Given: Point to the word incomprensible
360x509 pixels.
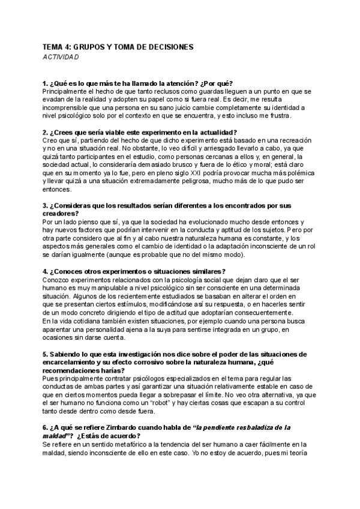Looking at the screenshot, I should point(73,107).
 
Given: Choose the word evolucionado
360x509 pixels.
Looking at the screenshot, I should point(217,222).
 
